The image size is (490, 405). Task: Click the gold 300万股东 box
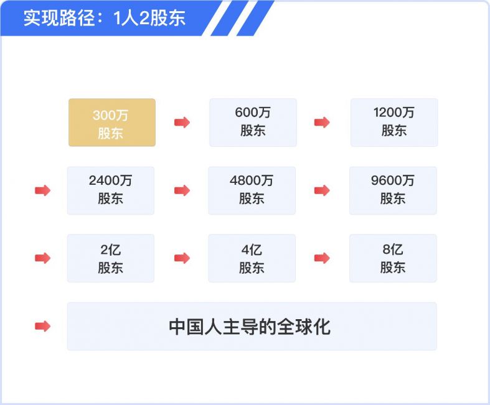coord(112,123)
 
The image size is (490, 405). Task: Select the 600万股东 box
coord(253,123)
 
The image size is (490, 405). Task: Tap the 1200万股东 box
coord(394,123)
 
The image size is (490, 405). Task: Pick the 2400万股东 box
coord(111,190)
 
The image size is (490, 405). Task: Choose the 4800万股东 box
coord(252,190)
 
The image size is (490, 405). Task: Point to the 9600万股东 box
coord(393,190)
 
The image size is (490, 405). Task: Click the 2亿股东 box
coord(111,258)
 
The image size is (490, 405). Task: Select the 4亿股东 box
coord(252,258)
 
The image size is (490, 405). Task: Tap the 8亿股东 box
coord(393,258)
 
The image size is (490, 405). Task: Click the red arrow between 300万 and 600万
coord(182,123)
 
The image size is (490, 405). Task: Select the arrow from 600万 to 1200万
coord(322,123)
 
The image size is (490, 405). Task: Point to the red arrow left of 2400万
coord(42,190)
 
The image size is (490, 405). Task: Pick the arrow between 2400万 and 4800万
coord(182,190)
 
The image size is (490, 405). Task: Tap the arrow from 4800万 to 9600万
coord(322,190)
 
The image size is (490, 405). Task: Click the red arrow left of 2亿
coord(42,258)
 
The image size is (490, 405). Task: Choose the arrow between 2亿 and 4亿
coord(182,258)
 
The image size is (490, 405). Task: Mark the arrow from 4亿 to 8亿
coord(322,258)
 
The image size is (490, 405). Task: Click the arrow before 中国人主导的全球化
coord(42,327)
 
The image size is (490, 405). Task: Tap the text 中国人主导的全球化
coord(250,327)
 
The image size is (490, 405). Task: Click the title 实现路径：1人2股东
coord(105,18)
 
